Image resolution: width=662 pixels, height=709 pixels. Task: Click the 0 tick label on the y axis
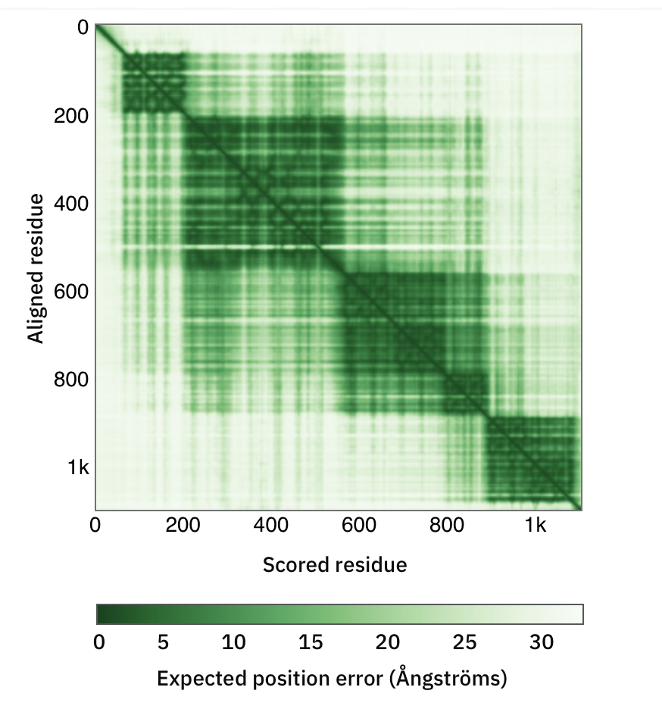[83, 28]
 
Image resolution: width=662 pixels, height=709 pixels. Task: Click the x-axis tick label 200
[183, 525]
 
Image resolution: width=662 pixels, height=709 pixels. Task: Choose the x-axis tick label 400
[271, 525]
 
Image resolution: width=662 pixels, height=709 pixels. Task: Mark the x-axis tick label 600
[359, 525]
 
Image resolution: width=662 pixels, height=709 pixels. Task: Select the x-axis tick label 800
[447, 525]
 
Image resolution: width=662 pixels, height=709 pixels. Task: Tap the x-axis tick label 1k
[535, 525]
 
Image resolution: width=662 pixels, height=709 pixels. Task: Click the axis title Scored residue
[334, 564]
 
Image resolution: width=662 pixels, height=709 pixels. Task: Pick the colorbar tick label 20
[387, 642]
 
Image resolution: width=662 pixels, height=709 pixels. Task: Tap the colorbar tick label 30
[541, 642]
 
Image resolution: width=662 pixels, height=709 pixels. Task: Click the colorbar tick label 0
[98, 642]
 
